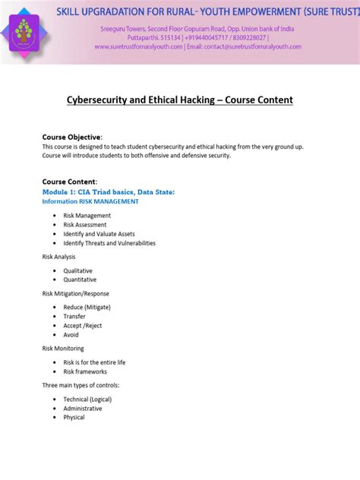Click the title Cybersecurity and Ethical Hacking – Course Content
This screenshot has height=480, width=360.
pyautogui.click(x=179, y=100)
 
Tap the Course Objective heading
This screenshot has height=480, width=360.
pyautogui.click(x=71, y=137)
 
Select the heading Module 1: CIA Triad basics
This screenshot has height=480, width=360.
pyautogui.click(x=109, y=192)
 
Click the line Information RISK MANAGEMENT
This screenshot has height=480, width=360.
pyautogui.click(x=90, y=201)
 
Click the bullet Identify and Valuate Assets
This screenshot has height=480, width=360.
pyautogui.click(x=99, y=234)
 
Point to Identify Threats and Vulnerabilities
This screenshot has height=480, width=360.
pyautogui.click(x=109, y=243)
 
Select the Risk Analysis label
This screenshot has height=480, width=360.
pyautogui.click(x=58, y=257)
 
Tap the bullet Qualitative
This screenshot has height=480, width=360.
pyautogui.click(x=78, y=270)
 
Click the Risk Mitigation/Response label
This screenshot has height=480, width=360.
pyautogui.click(x=75, y=293)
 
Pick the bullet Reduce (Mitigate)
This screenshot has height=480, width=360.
pyautogui.click(x=87, y=307)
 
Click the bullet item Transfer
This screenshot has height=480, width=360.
pyautogui.click(x=74, y=316)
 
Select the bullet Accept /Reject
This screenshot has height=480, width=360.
pyautogui.click(x=84, y=325)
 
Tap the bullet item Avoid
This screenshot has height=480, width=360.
pyautogui.click(x=71, y=334)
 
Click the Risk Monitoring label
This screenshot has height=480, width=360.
pyautogui.click(x=63, y=349)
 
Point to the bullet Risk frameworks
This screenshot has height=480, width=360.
pyautogui.click(x=85, y=371)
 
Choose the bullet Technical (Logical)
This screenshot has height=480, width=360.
pyautogui.click(x=87, y=399)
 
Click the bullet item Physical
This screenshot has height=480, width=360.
pyautogui.click(x=74, y=417)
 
